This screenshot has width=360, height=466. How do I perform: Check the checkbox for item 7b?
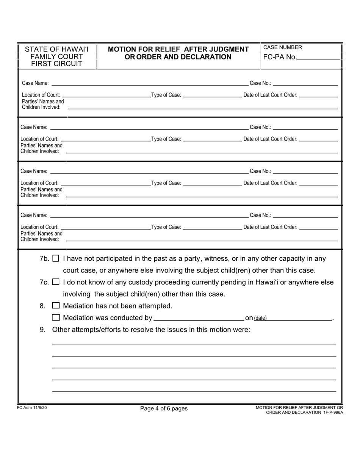[x=56, y=259]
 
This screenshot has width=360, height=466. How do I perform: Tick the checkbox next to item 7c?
[x=56, y=282]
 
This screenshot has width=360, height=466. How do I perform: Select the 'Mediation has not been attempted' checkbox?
[x=56, y=306]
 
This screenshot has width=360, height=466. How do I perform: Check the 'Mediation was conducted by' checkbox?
[x=56, y=318]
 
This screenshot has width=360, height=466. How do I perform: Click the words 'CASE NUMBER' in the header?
[x=283, y=47]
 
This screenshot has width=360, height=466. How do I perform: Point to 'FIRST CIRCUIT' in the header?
[x=56, y=64]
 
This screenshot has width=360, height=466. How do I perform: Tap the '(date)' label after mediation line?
[x=260, y=318]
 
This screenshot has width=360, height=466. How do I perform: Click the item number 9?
[x=42, y=330]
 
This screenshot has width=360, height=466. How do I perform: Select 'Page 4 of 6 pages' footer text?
[x=164, y=408]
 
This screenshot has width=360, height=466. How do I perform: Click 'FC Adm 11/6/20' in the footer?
[x=32, y=407]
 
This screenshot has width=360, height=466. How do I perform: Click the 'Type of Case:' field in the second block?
[x=212, y=139]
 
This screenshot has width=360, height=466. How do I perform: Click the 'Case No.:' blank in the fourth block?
[x=305, y=215]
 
